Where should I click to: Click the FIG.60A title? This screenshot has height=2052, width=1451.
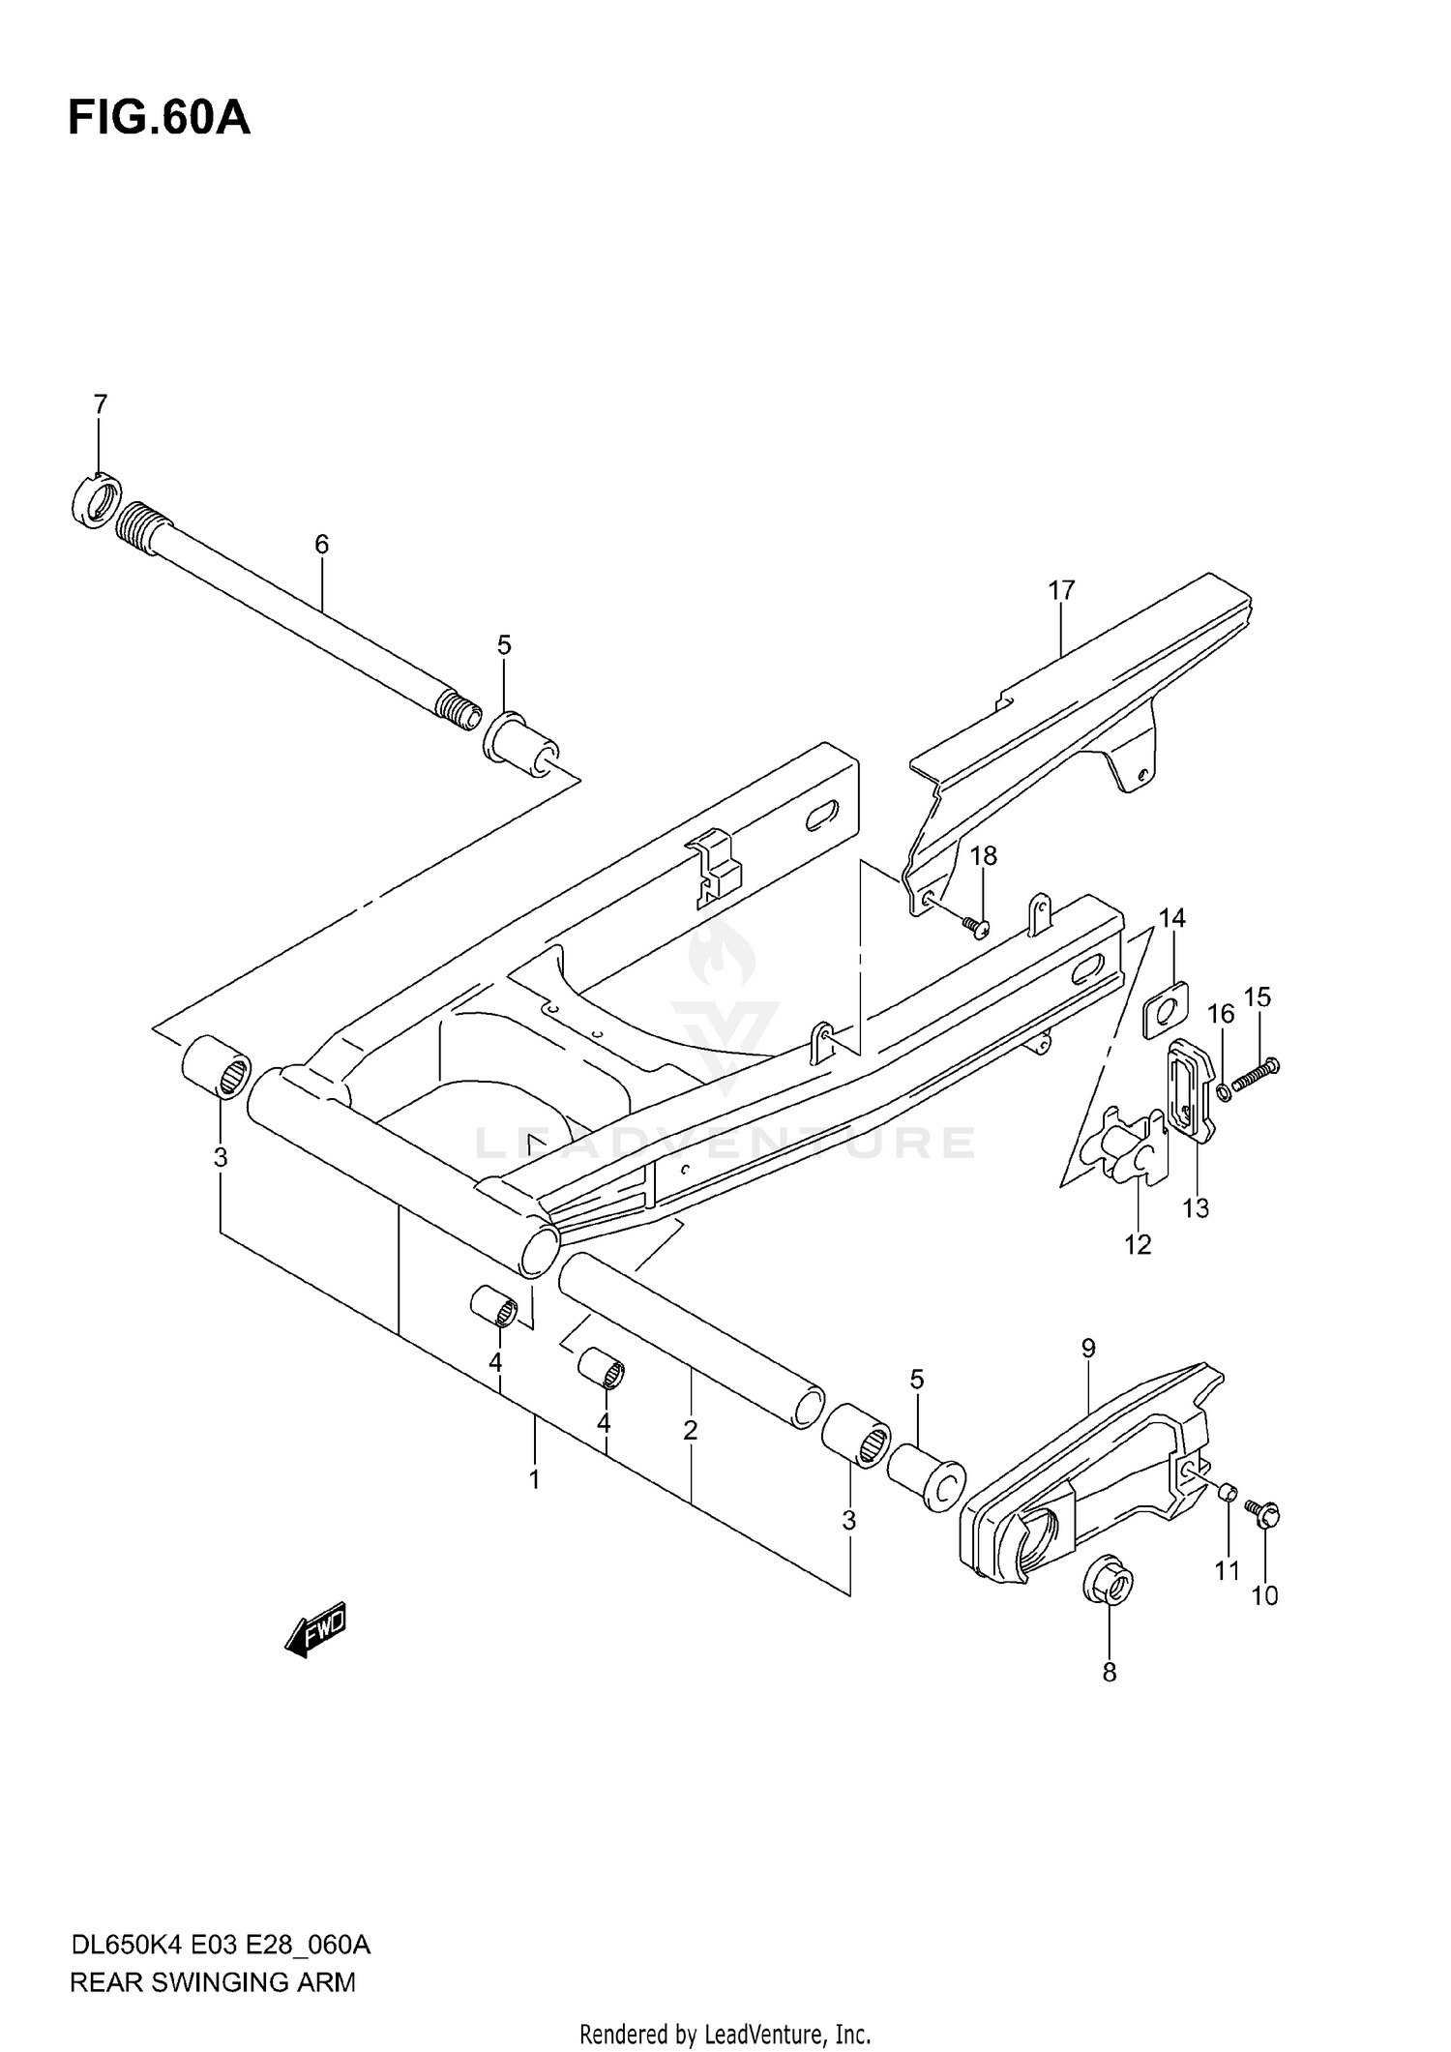(x=159, y=118)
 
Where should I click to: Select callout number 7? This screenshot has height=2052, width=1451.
(x=100, y=404)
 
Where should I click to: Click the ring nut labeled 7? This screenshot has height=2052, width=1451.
(x=96, y=500)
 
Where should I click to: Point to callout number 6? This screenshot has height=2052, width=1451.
(x=321, y=545)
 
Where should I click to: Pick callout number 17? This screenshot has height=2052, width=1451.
(x=1061, y=590)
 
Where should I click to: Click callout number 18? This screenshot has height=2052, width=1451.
(x=984, y=856)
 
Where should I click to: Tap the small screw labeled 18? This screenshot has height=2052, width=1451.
(x=975, y=927)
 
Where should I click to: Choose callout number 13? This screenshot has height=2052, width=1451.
(x=1196, y=1208)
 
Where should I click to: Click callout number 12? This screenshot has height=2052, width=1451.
(x=1138, y=1245)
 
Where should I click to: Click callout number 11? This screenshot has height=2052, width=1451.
(x=1227, y=1571)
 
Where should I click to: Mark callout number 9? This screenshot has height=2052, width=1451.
(x=1088, y=1348)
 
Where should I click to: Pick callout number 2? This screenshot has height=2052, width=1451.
(x=690, y=1430)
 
